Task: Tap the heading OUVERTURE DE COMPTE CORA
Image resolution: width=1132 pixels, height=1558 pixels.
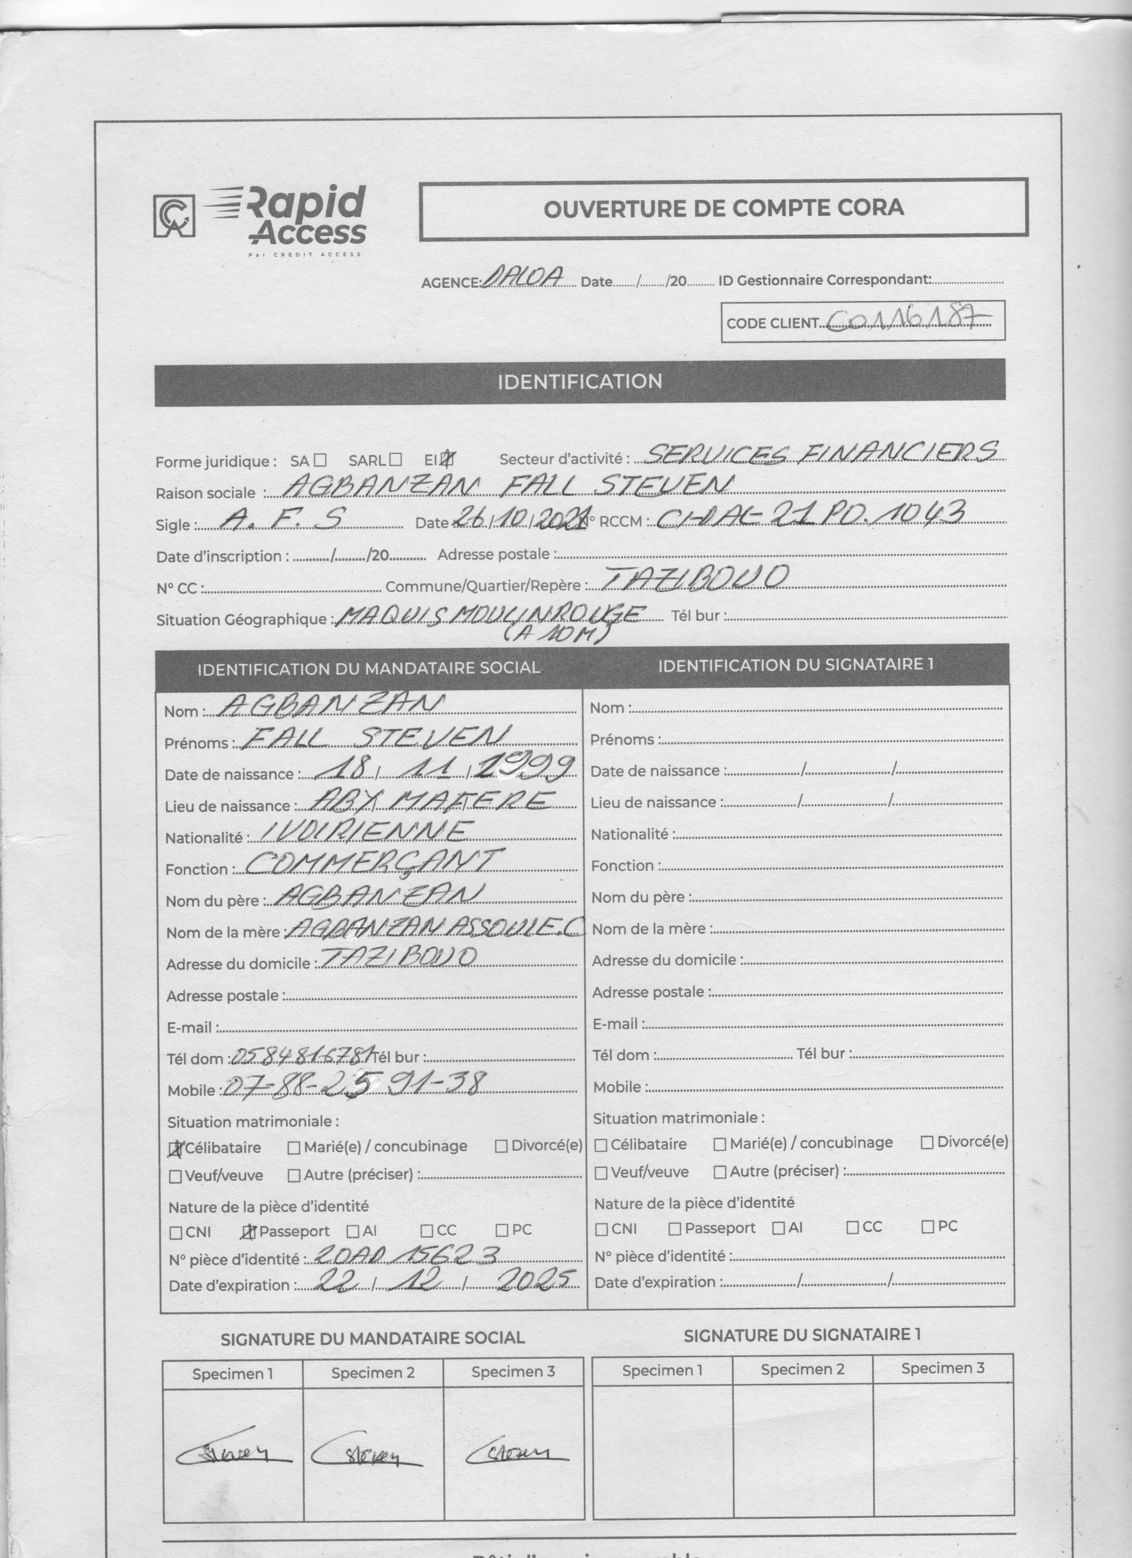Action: tap(723, 208)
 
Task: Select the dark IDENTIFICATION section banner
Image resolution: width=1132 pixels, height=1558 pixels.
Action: tap(580, 382)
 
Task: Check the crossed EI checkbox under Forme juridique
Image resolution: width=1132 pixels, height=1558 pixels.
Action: tap(448, 458)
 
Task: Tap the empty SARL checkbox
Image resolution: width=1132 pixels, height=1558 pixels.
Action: tap(395, 459)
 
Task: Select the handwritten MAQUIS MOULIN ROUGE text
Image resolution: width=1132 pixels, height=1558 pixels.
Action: tap(491, 613)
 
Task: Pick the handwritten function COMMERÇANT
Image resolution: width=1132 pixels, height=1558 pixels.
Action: tap(371, 863)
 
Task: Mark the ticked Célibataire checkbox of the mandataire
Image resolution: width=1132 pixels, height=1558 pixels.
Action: tap(176, 1148)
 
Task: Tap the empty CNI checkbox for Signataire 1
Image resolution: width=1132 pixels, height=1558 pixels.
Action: tap(602, 1229)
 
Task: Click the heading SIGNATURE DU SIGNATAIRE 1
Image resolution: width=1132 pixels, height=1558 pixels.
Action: tap(802, 1335)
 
